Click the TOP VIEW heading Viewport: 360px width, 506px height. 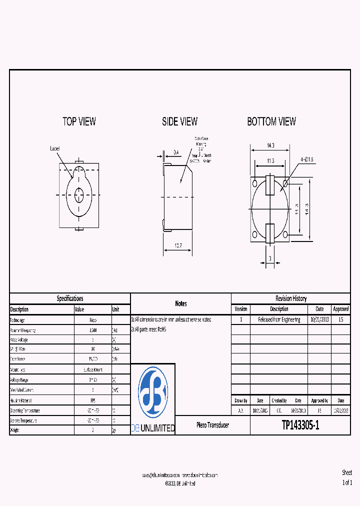(79, 121)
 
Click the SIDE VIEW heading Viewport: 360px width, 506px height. (179, 121)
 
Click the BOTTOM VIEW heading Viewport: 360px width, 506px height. (271, 121)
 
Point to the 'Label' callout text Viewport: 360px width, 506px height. (55, 148)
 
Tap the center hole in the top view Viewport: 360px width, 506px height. (80, 194)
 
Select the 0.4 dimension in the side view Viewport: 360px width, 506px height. (176, 152)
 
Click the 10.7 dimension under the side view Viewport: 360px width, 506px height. (177, 245)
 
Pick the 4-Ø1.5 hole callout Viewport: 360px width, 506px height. (306, 159)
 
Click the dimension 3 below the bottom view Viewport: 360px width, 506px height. (270, 258)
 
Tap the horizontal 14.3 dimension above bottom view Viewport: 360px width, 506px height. (270, 145)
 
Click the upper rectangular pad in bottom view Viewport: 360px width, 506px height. (270, 185)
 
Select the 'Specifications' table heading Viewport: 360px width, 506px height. (70, 298)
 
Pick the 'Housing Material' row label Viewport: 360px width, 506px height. (23, 400)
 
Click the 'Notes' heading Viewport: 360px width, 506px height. (181, 303)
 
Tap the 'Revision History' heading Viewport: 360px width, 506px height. (290, 298)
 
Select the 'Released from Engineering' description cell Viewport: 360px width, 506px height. (279, 319)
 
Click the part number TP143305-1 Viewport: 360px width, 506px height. (300, 425)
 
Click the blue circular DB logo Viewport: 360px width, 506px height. (153, 393)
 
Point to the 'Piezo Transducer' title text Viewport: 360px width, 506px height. (212, 425)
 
